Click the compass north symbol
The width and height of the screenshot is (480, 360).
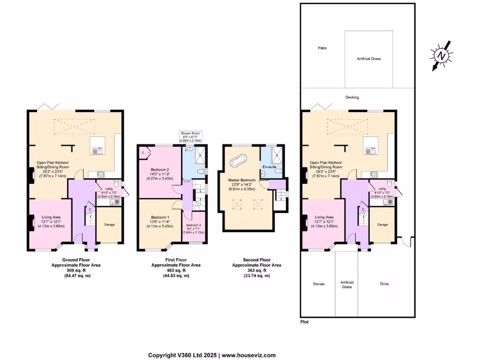tap(441, 56)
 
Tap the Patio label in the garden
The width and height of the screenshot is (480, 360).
tap(322, 48)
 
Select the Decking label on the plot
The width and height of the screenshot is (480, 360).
tap(352, 97)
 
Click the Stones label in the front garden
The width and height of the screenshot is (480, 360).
tap(319, 284)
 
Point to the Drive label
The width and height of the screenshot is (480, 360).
tap(384, 284)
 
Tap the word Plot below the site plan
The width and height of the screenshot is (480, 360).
tap(304, 322)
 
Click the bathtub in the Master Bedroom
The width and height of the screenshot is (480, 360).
tap(238, 161)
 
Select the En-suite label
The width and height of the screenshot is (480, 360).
tap(269, 167)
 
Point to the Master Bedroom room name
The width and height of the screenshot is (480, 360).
tap(241, 180)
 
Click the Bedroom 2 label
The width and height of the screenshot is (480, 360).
tap(159, 170)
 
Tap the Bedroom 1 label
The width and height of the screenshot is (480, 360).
tap(159, 217)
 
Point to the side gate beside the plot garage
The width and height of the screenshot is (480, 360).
tap(405, 241)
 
